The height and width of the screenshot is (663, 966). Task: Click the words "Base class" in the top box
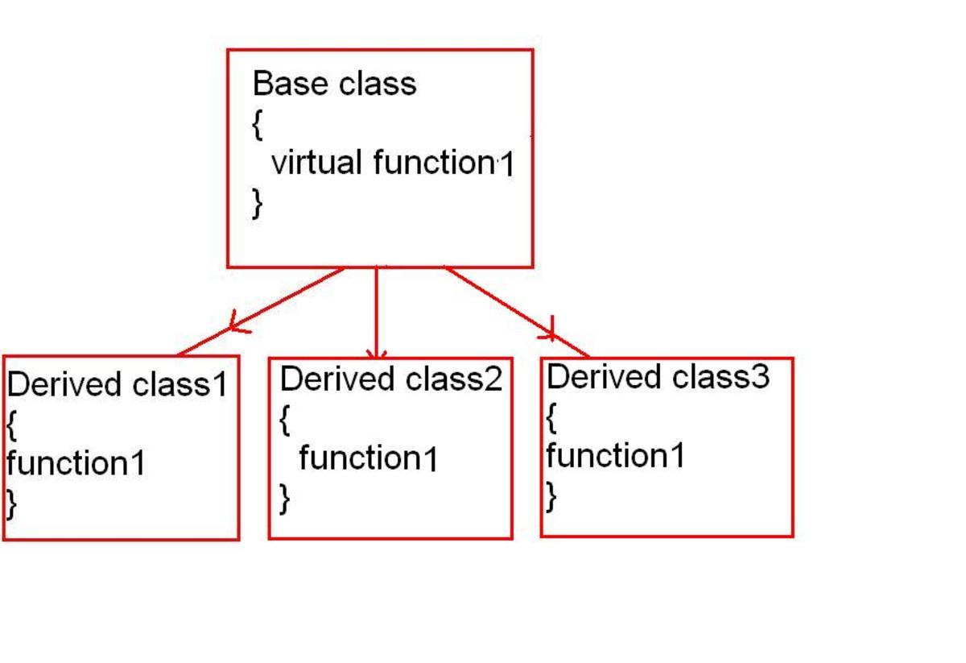(334, 84)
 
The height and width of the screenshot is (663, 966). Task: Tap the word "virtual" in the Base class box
(316, 163)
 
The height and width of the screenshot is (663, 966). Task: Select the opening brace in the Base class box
(257, 124)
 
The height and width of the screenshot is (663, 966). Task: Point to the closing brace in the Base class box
(257, 202)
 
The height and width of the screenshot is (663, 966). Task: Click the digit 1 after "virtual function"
(506, 166)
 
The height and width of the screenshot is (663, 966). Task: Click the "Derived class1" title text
(118, 385)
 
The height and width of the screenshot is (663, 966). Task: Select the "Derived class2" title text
(391, 379)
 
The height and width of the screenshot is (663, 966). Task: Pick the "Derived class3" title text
(658, 376)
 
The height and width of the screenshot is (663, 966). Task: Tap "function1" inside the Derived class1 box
(76, 463)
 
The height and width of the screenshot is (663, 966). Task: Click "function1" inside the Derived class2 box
(369, 459)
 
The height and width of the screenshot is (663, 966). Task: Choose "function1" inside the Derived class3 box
(616, 456)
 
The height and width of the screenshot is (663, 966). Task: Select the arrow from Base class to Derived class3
(515, 312)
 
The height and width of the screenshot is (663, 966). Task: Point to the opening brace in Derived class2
(285, 420)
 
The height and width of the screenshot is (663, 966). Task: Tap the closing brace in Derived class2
(285, 499)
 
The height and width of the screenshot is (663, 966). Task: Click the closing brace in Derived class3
(551, 496)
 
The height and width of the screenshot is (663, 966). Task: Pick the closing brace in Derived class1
(11, 503)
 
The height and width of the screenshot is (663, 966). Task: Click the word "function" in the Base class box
(434, 163)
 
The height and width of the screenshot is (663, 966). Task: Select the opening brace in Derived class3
(551, 416)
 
